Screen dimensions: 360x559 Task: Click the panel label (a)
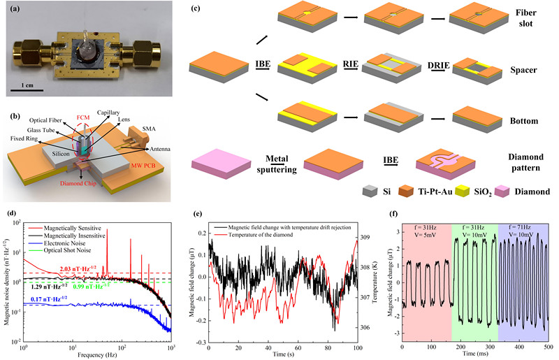tap(13, 8)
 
